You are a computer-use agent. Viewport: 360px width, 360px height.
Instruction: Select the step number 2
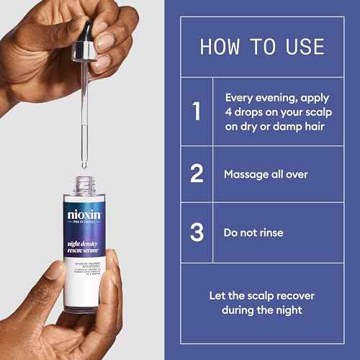pyautogui.click(x=195, y=174)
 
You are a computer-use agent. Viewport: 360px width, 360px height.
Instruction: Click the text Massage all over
pyautogui.click(x=266, y=174)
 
